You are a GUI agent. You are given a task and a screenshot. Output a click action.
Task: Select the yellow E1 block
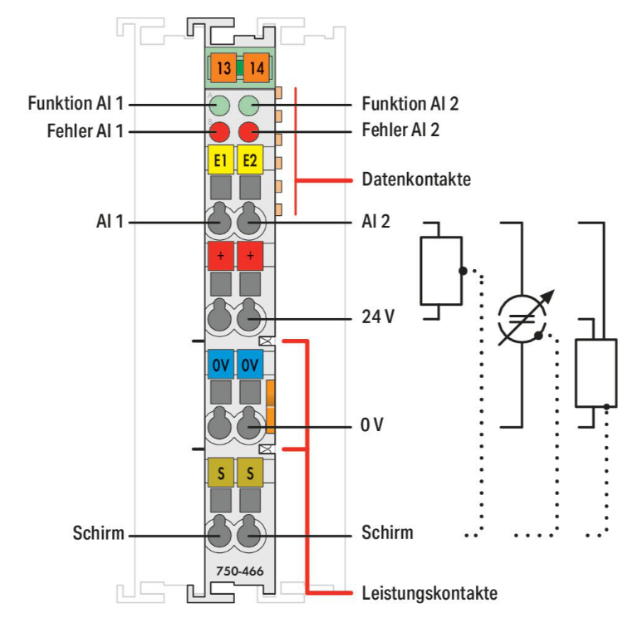(221, 159)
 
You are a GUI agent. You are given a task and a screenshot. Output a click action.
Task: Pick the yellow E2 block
(249, 159)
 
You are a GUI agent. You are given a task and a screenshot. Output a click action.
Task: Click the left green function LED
(220, 105)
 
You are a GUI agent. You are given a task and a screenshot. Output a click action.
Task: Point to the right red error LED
(248, 130)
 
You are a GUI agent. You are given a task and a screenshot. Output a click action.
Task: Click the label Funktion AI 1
(76, 105)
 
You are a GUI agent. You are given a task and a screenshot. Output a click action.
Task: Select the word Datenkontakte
(416, 179)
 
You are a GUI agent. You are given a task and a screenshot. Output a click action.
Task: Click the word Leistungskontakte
(429, 593)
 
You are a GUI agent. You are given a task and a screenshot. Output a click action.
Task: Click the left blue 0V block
(220, 365)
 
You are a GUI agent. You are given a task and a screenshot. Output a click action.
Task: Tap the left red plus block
(220, 256)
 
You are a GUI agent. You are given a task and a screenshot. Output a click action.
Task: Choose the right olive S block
(249, 473)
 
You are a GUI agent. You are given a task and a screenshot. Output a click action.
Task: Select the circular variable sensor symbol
(520, 318)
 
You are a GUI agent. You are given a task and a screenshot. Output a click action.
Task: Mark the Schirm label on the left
(96, 532)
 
